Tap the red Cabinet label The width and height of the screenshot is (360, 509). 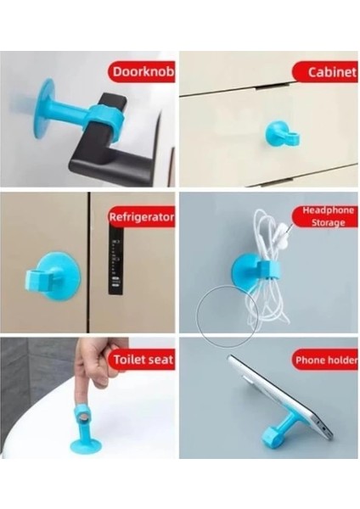click(325, 73)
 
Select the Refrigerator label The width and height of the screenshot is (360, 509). click(141, 217)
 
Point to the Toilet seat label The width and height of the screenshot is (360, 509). click(142, 360)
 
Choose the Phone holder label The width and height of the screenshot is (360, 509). click(325, 361)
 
